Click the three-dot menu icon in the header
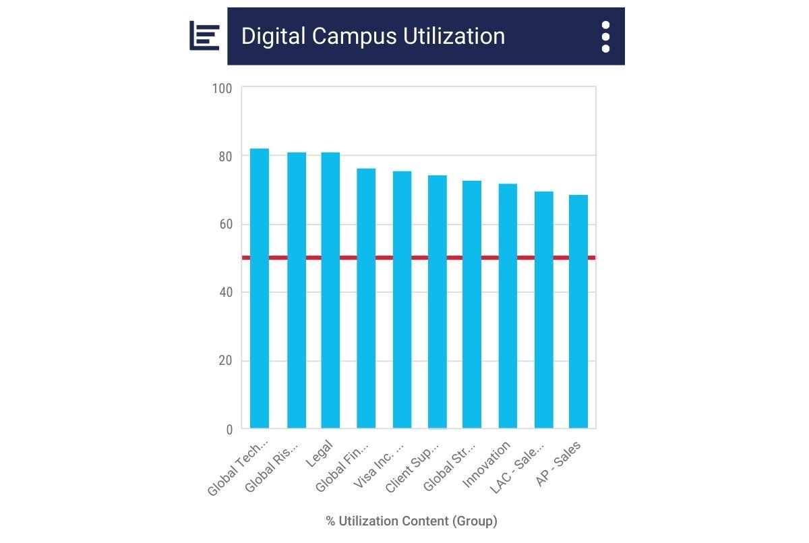[x=605, y=36]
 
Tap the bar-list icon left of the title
[x=204, y=36]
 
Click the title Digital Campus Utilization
[x=373, y=36]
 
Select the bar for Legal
[x=330, y=290]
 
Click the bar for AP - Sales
[x=578, y=311]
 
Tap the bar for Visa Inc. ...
[x=402, y=299]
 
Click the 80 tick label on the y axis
[x=224, y=156]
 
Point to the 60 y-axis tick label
[x=224, y=225]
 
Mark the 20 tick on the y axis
[x=224, y=361]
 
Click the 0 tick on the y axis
[x=228, y=429]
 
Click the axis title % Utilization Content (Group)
[x=411, y=521]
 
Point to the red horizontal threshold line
[x=419, y=258]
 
